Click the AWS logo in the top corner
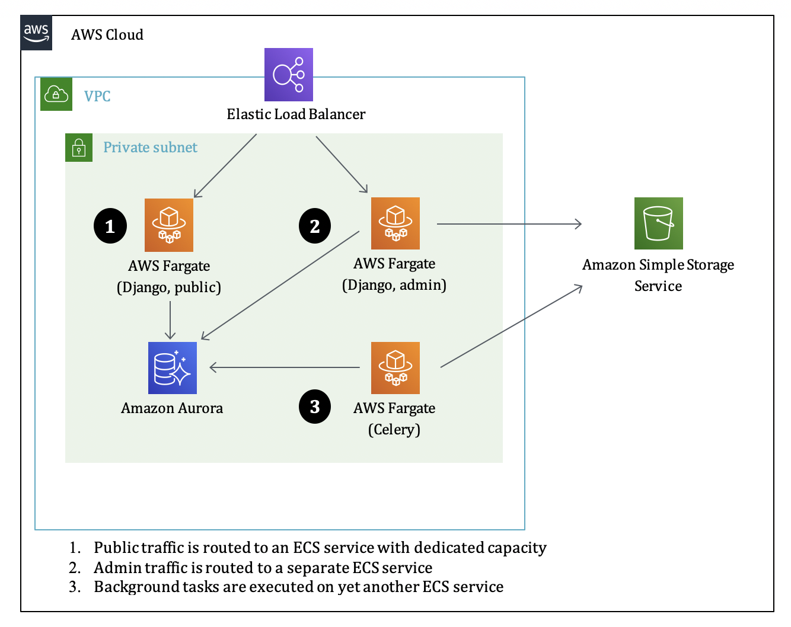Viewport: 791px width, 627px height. [37, 33]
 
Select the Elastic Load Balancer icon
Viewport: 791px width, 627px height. [288, 75]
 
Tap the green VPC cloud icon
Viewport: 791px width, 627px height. [56, 94]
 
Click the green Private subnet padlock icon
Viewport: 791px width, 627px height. [79, 148]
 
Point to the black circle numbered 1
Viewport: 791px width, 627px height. [110, 226]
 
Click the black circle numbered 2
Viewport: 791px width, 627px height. [315, 226]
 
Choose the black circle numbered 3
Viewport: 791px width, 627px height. [315, 407]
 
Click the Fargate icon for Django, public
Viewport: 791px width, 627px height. [169, 225]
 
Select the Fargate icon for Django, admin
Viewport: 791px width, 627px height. [395, 223]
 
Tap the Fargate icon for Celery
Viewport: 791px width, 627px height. [395, 367]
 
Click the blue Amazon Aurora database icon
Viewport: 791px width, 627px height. [172, 367]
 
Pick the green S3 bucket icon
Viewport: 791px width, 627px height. [658, 223]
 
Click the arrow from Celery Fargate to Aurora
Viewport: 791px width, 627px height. [285, 368]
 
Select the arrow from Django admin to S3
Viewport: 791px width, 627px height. [509, 224]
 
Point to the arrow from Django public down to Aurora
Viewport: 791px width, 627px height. [170, 320]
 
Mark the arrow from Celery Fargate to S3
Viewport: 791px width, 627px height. [511, 327]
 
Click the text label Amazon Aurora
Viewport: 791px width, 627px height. [172, 408]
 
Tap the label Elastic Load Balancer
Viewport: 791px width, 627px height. [296, 114]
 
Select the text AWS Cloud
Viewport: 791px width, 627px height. [107, 35]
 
